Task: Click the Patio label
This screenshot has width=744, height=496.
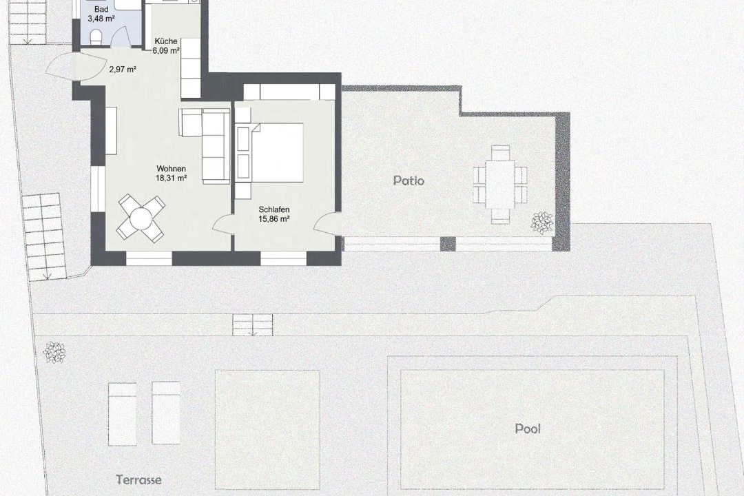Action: tap(409, 180)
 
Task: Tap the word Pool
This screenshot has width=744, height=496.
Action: tap(528, 428)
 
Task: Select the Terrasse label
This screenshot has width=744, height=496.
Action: tap(138, 479)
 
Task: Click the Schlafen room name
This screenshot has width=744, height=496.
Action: tap(273, 209)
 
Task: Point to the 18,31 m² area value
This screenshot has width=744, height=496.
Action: tap(171, 178)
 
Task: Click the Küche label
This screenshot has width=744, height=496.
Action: tap(166, 41)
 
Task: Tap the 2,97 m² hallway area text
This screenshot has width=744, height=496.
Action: tap(123, 70)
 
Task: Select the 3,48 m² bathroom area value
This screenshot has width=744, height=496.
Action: tap(101, 19)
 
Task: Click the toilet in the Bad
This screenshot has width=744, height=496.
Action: tap(95, 37)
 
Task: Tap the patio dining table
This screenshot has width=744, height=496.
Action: tap(500, 185)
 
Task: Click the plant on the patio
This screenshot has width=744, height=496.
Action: tap(542, 222)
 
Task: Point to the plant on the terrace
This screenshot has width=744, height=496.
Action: tap(54, 352)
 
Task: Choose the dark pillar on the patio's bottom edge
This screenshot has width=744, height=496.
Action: tap(448, 243)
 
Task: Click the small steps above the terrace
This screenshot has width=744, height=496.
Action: tap(252, 325)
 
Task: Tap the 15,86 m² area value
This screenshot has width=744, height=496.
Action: tap(273, 219)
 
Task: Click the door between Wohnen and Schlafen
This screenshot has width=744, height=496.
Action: tap(223, 225)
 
